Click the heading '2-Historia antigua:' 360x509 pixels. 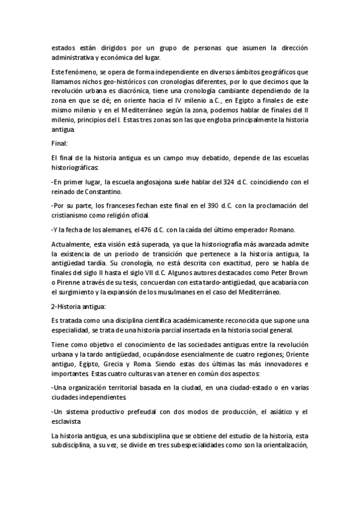click(78, 307)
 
